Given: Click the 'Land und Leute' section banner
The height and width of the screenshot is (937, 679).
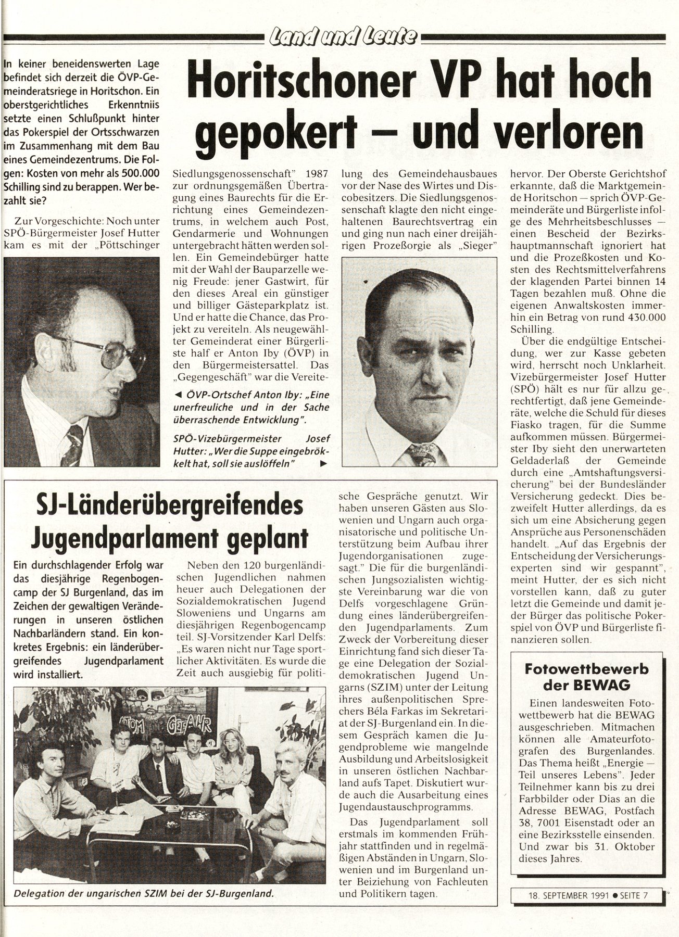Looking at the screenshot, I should (x=342, y=37).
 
